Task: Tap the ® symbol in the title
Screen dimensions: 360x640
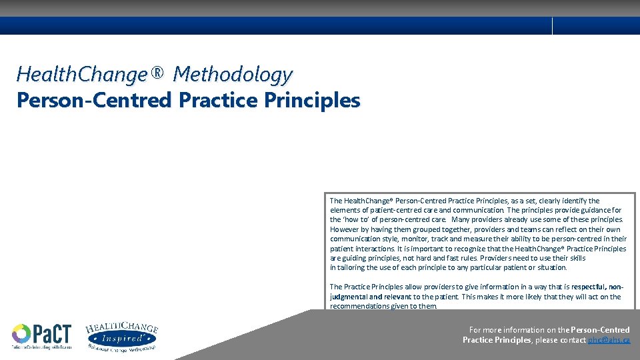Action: pyautogui.click(x=157, y=72)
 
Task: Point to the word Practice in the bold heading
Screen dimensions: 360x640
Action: pyautogui.click(x=217, y=101)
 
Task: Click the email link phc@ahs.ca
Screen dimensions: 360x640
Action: pyautogui.click(x=609, y=340)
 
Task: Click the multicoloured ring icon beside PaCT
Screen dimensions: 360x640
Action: pyautogui.click(x=21, y=333)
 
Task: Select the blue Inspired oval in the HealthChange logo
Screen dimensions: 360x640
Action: pyautogui.click(x=121, y=339)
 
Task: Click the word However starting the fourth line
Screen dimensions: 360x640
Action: pyautogui.click(x=345, y=229)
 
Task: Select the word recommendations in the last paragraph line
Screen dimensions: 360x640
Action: pyautogui.click(x=361, y=307)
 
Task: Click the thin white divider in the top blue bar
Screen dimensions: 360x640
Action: pyautogui.click(x=553, y=26)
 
